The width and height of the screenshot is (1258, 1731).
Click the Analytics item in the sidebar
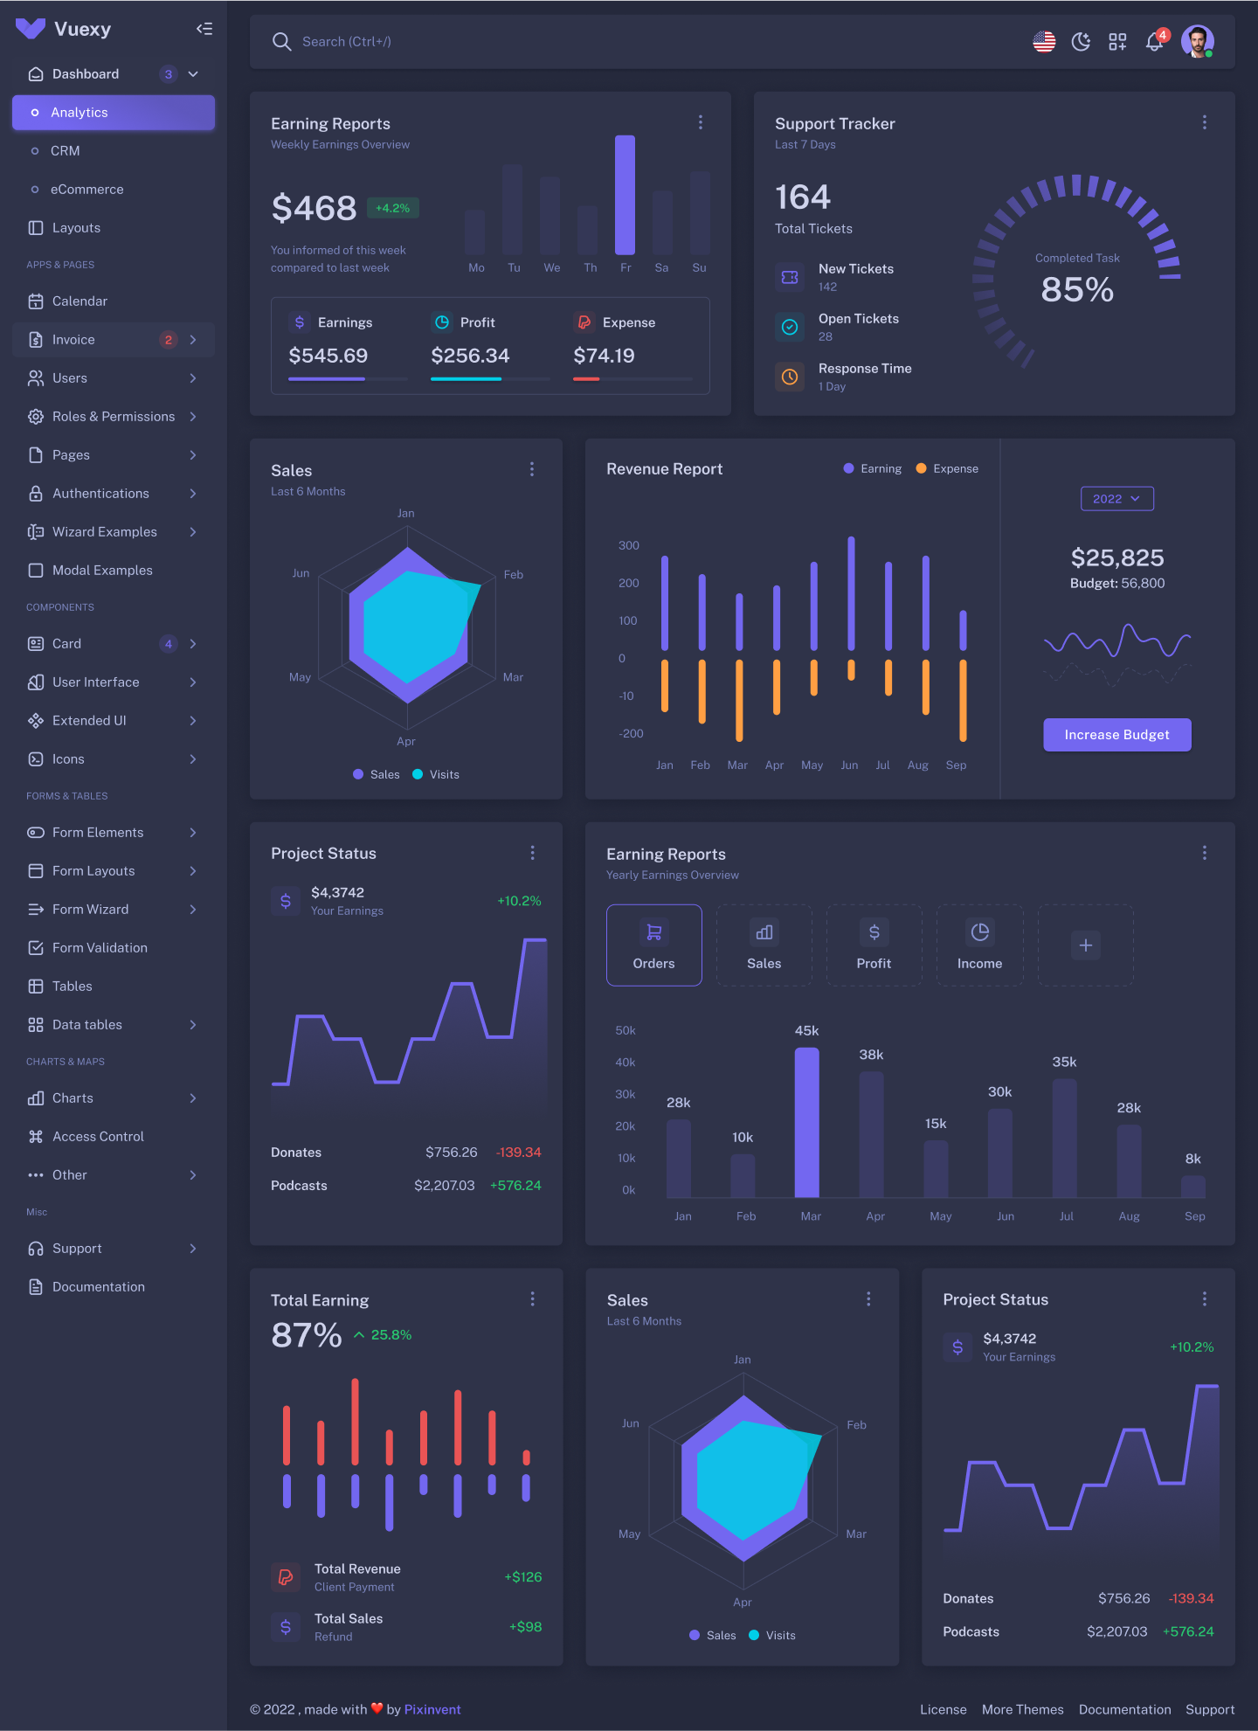(x=113, y=113)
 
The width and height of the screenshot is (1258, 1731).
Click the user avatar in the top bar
(x=1197, y=41)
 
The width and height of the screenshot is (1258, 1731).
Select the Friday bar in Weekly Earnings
(x=625, y=195)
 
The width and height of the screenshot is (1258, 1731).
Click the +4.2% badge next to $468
(x=392, y=208)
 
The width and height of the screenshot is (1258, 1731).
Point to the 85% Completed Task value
(x=1077, y=290)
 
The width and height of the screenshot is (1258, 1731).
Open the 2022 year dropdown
(x=1116, y=499)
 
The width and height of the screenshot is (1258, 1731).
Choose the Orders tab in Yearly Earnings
(x=653, y=945)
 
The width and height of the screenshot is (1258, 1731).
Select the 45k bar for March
(x=806, y=1122)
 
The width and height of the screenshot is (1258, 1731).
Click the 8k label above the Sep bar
(x=1192, y=1159)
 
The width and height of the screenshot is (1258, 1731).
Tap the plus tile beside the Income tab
(x=1085, y=945)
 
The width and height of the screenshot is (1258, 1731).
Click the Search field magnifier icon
(x=281, y=42)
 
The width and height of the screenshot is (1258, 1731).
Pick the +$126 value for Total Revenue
(x=522, y=1577)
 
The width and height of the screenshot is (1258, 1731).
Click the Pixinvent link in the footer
(x=432, y=1709)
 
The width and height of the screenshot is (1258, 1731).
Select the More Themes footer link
(x=1022, y=1709)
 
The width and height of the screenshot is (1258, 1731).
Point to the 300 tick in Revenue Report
(x=628, y=545)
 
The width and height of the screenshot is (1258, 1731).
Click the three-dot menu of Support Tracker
(x=1204, y=123)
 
